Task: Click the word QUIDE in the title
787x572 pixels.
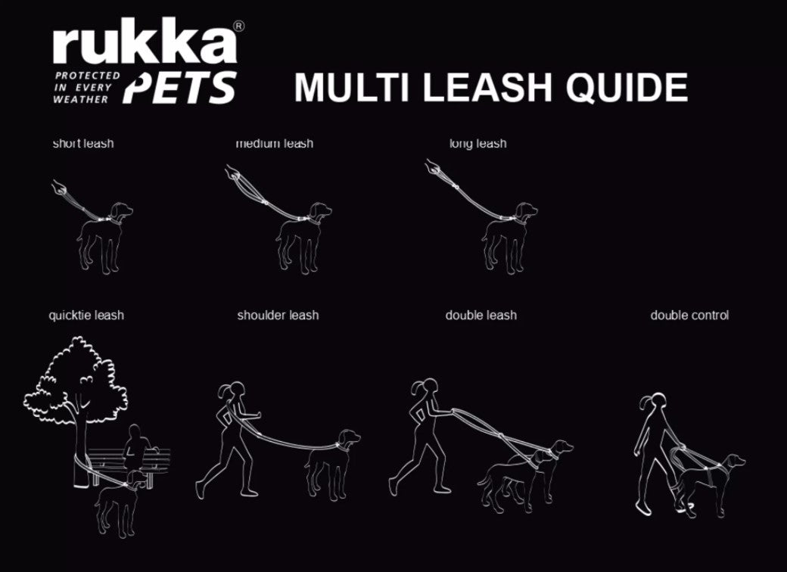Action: pos(627,87)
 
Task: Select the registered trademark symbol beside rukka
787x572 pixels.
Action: pos(239,26)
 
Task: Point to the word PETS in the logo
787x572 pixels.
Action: pos(179,87)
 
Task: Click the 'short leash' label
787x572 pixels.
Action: pos(83,144)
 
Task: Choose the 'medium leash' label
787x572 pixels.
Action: pos(275,144)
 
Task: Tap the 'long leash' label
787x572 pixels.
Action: pos(477,144)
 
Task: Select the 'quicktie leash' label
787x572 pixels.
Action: pos(86,315)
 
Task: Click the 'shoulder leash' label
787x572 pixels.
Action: pos(278,315)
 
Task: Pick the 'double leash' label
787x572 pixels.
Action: pos(481,315)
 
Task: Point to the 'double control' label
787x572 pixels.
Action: pos(689,315)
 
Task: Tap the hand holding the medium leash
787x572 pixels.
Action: pos(232,173)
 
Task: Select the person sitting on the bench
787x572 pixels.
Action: pos(136,446)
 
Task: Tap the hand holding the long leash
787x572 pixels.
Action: pos(432,166)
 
